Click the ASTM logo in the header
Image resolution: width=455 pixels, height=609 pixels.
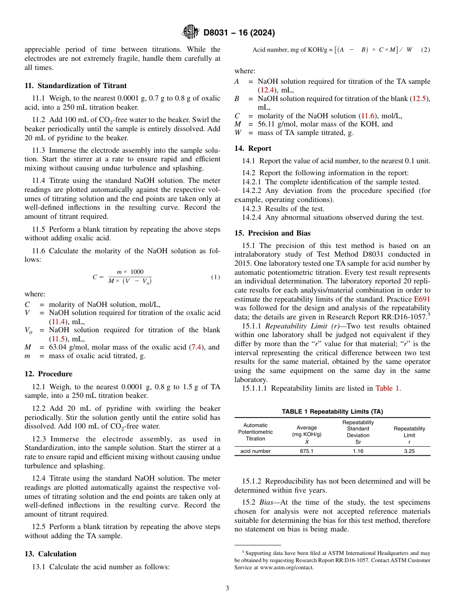191,32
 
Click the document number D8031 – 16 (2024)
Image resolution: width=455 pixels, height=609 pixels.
239,33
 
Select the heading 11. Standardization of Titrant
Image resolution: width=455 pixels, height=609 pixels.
76,86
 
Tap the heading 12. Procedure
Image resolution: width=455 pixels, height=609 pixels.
48,374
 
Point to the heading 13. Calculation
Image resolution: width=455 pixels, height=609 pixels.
50,554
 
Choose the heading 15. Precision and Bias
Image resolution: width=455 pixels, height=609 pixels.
272,233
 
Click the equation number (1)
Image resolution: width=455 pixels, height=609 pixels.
215,277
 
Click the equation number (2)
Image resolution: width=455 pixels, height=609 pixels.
425,50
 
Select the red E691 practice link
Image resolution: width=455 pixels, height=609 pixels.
422,299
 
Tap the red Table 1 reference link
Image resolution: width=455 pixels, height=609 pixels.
387,388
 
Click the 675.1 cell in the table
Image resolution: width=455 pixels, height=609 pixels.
307,451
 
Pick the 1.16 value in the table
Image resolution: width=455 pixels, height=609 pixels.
358,451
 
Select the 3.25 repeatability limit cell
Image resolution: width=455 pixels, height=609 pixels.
409,451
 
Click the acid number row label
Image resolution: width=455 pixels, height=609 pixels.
255,451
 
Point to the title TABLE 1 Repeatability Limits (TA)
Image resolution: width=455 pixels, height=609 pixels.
332,412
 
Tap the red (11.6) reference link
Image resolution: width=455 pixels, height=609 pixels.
368,116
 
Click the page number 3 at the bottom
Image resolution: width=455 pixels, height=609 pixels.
227,588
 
